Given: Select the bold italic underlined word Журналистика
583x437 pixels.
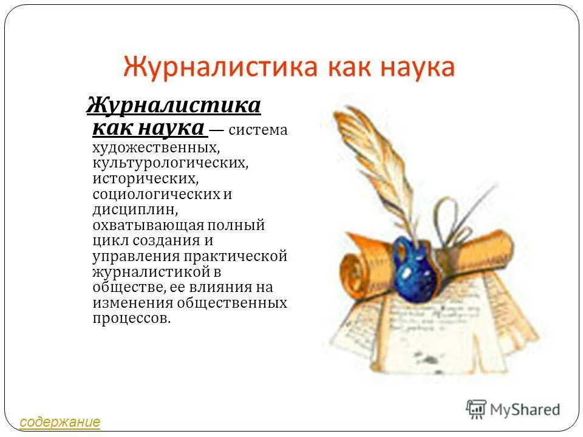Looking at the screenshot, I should (x=174, y=106).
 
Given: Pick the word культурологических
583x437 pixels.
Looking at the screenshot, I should (x=171, y=163).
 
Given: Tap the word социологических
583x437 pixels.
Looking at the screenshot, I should (x=155, y=194).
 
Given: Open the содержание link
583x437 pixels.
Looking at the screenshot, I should (x=60, y=422).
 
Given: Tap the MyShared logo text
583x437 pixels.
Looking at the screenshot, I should (x=526, y=409).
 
